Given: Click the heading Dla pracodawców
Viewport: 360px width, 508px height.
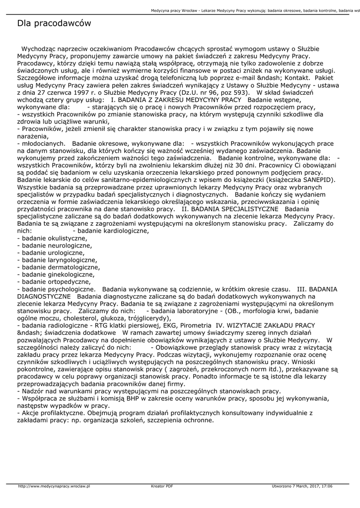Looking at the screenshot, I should (54, 23).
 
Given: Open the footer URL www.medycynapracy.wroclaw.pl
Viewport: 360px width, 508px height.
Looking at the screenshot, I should (54, 487).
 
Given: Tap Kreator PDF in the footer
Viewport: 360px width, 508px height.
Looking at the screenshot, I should (162, 487).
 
